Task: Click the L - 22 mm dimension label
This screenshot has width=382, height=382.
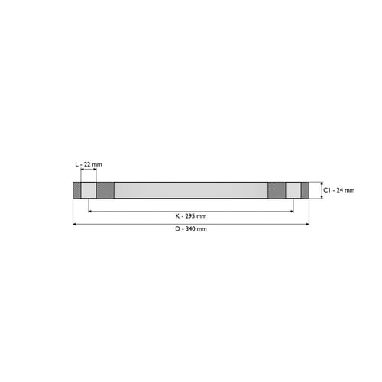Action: coord(89,164)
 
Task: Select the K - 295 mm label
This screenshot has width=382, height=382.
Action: coord(191,216)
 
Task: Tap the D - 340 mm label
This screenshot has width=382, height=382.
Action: coord(191,228)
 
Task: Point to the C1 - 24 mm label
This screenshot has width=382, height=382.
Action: coord(338,190)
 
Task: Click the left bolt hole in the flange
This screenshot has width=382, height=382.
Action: coord(89,190)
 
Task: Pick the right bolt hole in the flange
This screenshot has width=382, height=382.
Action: coord(293,190)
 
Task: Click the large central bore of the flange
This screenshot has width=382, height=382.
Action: coord(191,190)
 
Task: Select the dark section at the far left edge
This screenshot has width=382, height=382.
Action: coord(77,190)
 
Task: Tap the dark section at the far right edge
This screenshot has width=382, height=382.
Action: coord(305,190)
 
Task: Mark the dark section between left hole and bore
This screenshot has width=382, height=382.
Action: coord(105,190)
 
